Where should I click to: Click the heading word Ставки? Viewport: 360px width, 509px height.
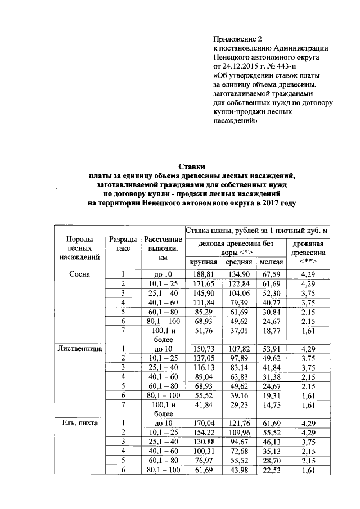tap(192, 166)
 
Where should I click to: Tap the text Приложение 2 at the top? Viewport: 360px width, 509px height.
tap(238, 39)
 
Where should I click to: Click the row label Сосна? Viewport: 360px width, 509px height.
tap(79, 274)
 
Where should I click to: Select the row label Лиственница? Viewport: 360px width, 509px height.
tap(79, 349)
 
